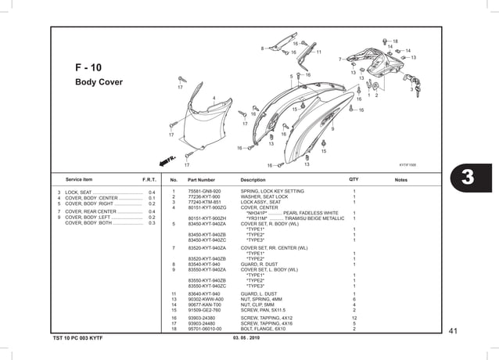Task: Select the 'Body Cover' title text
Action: point(98,82)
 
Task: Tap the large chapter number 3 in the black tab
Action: point(467,177)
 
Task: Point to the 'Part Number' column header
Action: point(201,180)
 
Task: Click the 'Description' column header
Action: point(253,180)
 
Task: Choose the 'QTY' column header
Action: point(354,180)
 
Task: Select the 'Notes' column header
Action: point(401,180)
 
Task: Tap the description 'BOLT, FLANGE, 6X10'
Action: point(263,329)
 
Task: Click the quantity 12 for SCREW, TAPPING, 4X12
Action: point(354,318)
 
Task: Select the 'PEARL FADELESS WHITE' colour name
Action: point(311,213)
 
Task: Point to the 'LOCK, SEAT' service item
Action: point(79,192)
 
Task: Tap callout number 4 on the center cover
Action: point(214,98)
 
